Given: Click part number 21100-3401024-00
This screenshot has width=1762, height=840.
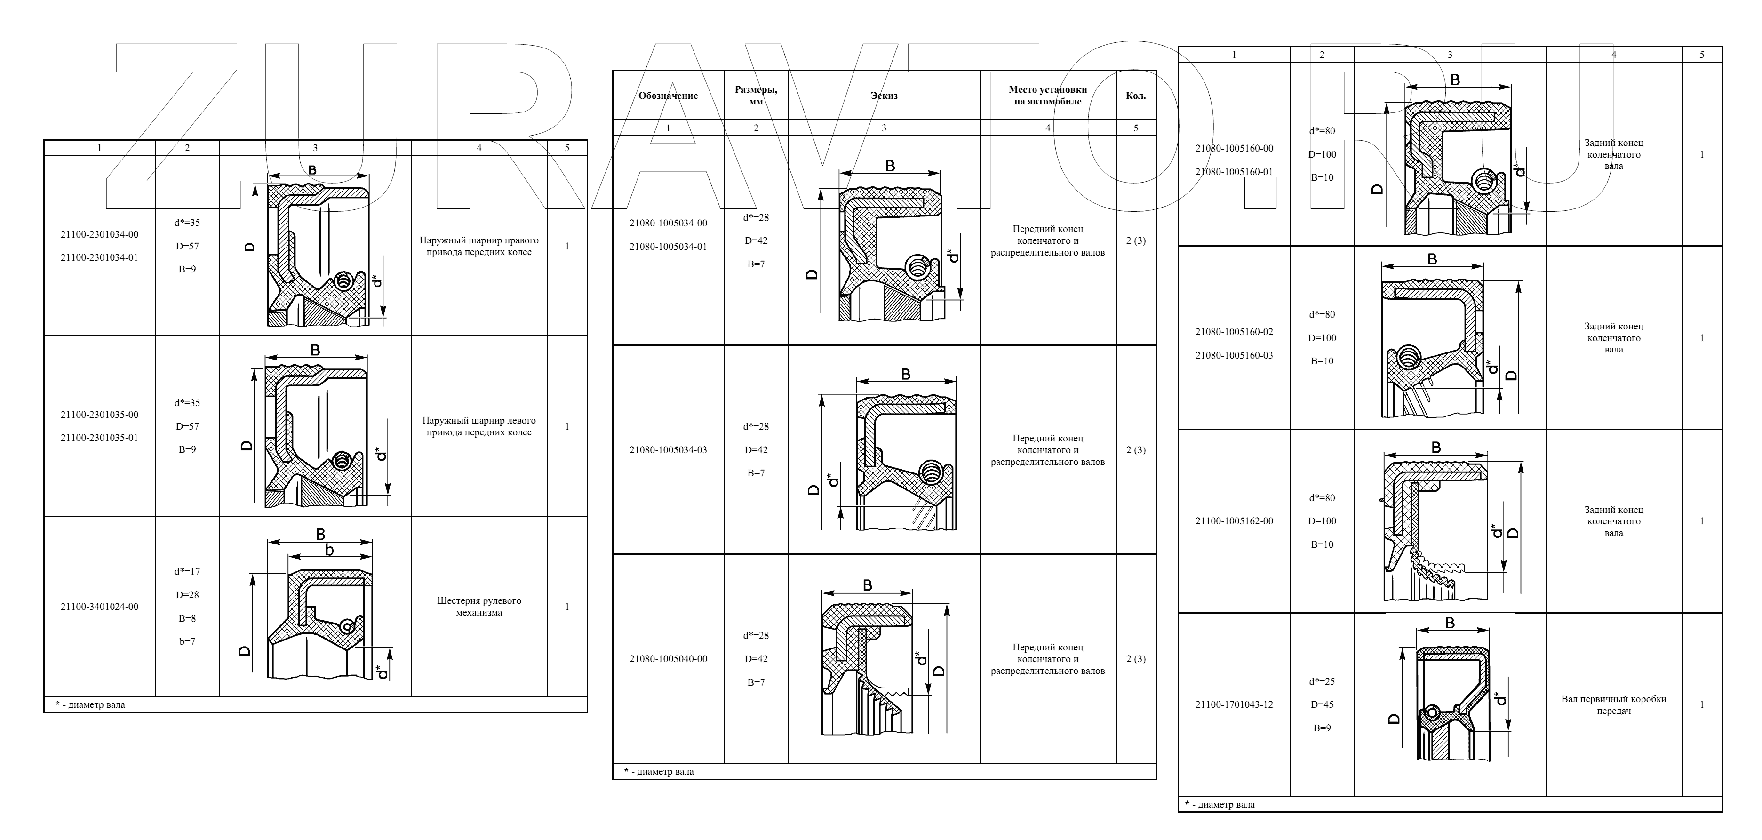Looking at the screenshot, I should [x=99, y=607].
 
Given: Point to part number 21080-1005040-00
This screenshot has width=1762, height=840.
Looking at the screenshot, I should [x=668, y=659].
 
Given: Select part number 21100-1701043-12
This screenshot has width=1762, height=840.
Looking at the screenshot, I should [x=1234, y=704].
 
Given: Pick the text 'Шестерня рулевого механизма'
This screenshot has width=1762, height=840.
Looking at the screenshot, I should [x=479, y=607].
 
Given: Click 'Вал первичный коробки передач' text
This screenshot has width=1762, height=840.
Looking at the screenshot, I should [x=1614, y=704].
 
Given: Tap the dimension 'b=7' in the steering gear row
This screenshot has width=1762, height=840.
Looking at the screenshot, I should [x=187, y=641].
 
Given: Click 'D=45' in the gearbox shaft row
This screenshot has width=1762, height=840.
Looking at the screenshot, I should [x=1322, y=704].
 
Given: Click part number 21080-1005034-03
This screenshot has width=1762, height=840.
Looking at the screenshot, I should [x=668, y=450].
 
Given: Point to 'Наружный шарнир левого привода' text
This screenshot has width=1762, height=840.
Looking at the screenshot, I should [x=479, y=426].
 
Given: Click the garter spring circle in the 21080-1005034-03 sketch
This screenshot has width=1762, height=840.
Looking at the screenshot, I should [x=930, y=472].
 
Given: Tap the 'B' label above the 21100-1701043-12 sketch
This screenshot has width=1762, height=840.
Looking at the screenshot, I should [x=1450, y=623].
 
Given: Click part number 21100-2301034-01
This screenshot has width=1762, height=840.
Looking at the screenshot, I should [x=99, y=258].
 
